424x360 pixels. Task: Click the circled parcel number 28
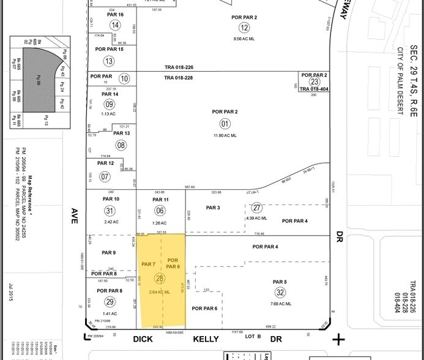point(160,278)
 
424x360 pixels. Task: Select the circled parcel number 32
point(280,292)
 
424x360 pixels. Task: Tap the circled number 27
point(257,208)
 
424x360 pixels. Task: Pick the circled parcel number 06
point(160,211)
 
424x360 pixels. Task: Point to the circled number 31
point(110,211)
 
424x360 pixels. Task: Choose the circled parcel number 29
point(110,302)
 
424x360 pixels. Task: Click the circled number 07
point(105,177)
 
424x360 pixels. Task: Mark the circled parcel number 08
point(121,145)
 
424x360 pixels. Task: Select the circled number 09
point(110,105)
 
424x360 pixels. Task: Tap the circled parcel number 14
point(116,25)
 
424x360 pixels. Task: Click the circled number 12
point(245,27)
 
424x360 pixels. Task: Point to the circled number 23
point(314,82)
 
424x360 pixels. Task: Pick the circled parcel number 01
point(226,123)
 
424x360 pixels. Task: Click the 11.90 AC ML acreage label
point(226,135)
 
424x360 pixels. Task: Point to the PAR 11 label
point(160,200)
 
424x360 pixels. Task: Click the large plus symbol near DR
point(338,339)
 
